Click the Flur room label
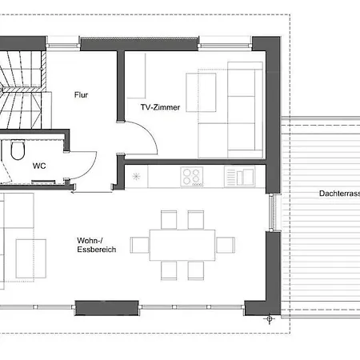[x=81, y=95]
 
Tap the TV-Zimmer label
[x=160, y=107]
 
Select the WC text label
[x=39, y=166]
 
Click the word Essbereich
[x=97, y=250]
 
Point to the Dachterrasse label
[x=339, y=194]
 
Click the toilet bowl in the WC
[x=18, y=150]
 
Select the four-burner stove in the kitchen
[x=192, y=177]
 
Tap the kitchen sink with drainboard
[x=239, y=176]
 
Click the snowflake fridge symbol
[x=136, y=176]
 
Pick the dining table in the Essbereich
[x=182, y=245]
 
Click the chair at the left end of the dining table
[x=140, y=245]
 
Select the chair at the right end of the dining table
[x=226, y=245]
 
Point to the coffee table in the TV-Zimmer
[x=201, y=92]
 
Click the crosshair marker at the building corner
[x=269, y=318]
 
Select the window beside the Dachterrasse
[x=272, y=212]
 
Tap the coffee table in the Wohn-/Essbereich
[x=30, y=258]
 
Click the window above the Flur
[x=63, y=43]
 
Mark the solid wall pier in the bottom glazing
[x=106, y=308]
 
